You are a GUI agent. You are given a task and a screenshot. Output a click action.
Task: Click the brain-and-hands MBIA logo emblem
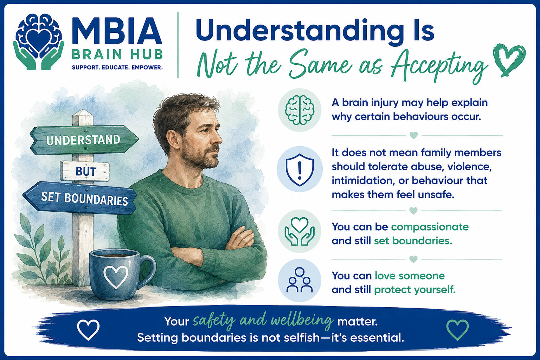pyautogui.click(x=39, y=41)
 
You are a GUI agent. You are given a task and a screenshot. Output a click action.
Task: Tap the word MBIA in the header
pyautogui.click(x=117, y=31)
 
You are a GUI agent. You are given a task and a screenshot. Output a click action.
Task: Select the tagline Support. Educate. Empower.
pyautogui.click(x=117, y=67)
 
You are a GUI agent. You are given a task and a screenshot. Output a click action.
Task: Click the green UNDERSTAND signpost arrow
pyautogui.click(x=84, y=140)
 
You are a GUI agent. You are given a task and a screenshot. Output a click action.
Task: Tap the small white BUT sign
pyautogui.click(x=85, y=171)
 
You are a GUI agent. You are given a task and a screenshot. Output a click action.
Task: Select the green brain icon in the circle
pyautogui.click(x=300, y=110)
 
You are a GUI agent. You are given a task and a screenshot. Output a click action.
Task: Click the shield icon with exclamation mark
pyautogui.click(x=300, y=169)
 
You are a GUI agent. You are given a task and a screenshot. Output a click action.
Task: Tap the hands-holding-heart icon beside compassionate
pyautogui.click(x=300, y=231)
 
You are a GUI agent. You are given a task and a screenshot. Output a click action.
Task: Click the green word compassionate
pyautogui.click(x=430, y=227)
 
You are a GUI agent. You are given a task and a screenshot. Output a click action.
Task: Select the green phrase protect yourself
pyautogui.click(x=414, y=290)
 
